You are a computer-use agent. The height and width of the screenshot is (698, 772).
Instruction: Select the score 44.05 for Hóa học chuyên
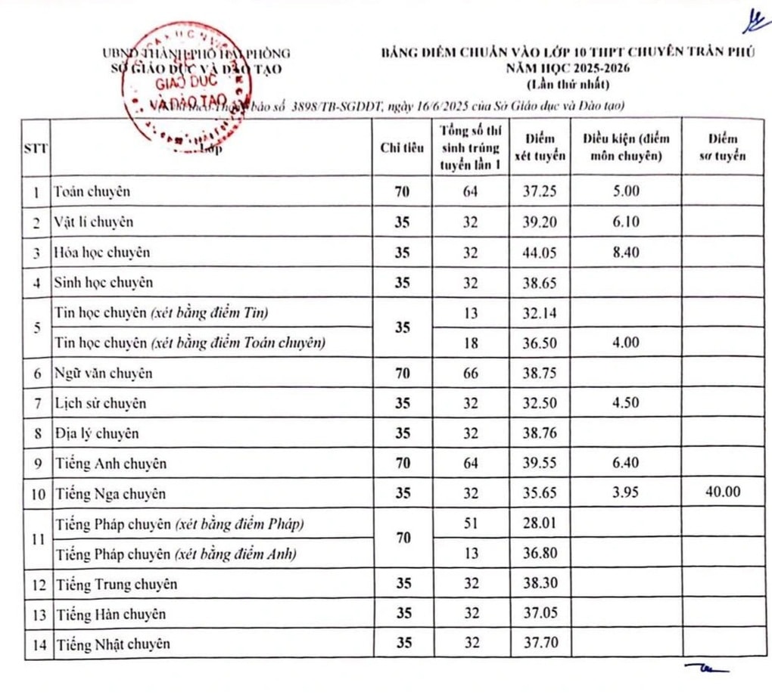pos(540,253)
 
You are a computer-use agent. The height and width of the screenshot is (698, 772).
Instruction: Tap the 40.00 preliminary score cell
pos(722,493)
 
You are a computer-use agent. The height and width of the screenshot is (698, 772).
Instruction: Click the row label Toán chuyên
pos(92,191)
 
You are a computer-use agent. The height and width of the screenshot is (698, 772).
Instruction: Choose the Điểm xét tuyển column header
pos(540,147)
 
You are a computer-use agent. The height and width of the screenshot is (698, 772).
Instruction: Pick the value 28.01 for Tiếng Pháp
pos(540,524)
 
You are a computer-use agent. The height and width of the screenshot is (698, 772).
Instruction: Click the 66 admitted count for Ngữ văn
pos(471,374)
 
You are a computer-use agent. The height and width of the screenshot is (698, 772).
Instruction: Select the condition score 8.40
pos(626,253)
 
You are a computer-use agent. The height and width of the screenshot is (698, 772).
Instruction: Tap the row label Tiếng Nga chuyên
pos(109,494)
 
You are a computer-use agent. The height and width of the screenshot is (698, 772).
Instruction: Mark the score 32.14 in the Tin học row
pos(540,312)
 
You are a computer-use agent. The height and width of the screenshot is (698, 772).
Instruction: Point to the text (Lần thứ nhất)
pos(560,84)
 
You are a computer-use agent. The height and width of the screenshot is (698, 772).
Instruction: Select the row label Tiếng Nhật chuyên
pos(112,644)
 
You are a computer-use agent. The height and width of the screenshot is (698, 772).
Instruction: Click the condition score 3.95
pos(626,493)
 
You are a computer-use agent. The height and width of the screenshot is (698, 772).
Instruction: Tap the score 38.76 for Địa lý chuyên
pos(540,433)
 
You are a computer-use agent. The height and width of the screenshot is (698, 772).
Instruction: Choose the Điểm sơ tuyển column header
pos(722,147)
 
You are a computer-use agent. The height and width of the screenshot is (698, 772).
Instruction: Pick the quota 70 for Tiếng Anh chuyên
pos(403,464)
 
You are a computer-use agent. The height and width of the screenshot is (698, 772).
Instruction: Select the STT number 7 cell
pos(36,404)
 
